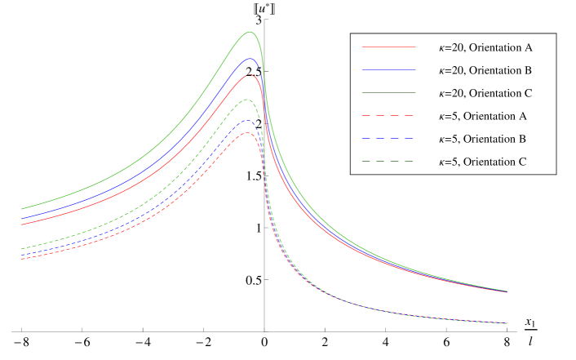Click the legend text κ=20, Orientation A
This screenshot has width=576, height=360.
(485, 47)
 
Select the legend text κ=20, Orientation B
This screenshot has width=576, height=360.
(485, 70)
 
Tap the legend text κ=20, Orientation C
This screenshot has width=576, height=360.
(485, 93)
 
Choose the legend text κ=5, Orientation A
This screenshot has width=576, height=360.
(482, 116)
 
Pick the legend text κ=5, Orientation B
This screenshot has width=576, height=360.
(482, 139)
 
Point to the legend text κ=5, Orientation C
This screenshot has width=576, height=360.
(482, 162)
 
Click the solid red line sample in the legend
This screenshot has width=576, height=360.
(388, 47)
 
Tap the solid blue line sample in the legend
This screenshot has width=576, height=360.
(388, 70)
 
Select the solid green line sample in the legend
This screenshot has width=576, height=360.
(388, 93)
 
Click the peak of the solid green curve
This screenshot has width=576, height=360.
(250, 32)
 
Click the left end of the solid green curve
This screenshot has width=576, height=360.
(21, 209)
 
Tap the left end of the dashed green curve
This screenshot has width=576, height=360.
(21, 248)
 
